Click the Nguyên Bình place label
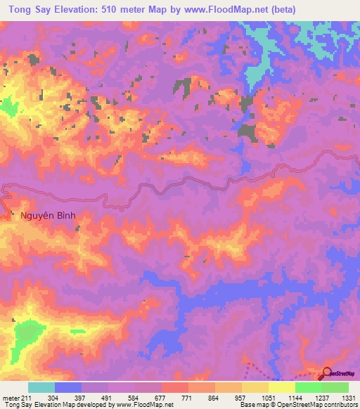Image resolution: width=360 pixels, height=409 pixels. (47, 216)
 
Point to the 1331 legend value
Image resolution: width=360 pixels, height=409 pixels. (347, 397)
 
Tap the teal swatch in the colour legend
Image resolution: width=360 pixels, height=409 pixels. (41, 387)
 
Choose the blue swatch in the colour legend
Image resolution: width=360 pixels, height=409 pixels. (67, 387)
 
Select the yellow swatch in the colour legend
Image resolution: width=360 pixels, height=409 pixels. (255, 387)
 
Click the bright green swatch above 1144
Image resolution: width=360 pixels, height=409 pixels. (309, 387)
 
